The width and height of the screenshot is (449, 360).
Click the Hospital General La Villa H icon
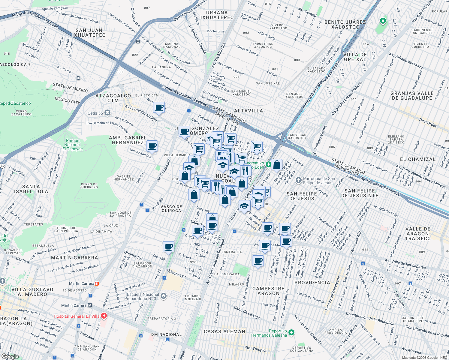coord(104,316)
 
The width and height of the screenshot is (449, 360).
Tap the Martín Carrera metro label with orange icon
coord(97,283)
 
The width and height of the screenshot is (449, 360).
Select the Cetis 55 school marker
coord(107,113)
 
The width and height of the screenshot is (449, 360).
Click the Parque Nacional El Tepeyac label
coord(73,145)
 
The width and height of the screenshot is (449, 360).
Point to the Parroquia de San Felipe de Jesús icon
coord(298,180)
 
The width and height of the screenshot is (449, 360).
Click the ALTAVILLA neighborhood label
coord(248,111)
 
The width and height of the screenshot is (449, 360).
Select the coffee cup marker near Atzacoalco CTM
coord(159,107)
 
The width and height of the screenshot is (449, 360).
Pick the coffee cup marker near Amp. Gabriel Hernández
coord(152,146)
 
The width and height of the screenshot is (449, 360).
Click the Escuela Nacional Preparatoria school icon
coord(163,296)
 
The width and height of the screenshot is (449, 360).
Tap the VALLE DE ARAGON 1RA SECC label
coord(418,233)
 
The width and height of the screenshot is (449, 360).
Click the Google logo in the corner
coord(10,356)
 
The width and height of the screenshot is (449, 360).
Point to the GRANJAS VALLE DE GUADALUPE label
coord(412,96)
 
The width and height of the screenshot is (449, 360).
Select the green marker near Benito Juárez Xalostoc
coord(382,21)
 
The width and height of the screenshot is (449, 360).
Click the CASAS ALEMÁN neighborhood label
coord(224,331)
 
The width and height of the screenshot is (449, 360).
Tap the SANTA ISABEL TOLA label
coord(31,189)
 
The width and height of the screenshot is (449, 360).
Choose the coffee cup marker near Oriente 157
coord(168,247)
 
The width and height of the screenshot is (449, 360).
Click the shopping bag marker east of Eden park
coord(276,165)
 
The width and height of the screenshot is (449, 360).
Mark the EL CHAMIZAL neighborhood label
coord(417,159)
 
